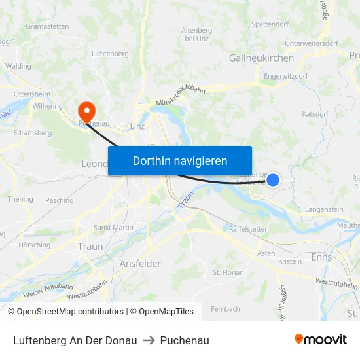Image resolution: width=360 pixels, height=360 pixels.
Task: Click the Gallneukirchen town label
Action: tap(261, 58)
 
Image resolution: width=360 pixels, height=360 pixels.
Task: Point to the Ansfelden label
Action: tap(141, 263)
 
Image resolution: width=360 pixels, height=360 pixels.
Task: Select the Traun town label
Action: tap(90, 247)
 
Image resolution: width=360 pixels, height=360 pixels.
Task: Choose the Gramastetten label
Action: tap(47, 26)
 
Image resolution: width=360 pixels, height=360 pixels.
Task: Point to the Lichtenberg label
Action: tap(110, 54)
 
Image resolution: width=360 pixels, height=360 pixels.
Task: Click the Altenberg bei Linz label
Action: tap(196, 35)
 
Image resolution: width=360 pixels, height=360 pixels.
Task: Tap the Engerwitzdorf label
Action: tap(287, 76)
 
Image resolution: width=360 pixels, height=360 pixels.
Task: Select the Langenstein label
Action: tap(324, 209)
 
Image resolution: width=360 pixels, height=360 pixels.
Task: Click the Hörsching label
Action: tap(34, 245)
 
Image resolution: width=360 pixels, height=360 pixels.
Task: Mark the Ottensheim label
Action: tap(32, 94)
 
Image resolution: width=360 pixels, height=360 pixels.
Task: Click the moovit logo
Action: tap(321, 340)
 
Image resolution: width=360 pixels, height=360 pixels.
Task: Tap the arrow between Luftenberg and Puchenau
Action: tap(149, 340)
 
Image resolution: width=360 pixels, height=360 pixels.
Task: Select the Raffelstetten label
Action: tap(249, 229)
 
